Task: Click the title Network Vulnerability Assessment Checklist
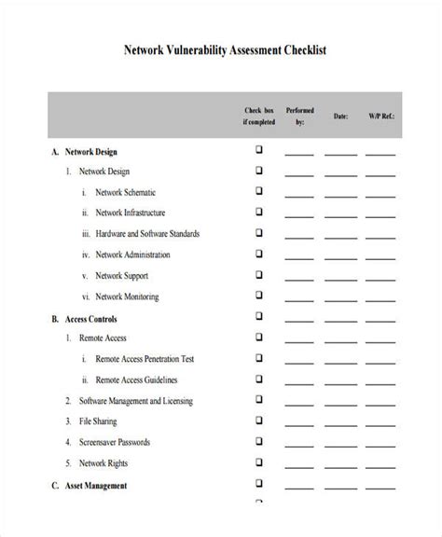coord(221,52)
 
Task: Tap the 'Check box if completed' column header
coord(259,115)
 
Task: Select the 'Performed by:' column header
coord(299,115)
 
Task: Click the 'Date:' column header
coord(340,116)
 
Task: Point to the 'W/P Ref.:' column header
coord(380,116)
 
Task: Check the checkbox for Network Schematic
coord(259,190)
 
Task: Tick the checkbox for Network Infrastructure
coord(259,212)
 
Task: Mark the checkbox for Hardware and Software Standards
coord(259,233)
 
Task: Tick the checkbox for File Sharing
coord(259,421)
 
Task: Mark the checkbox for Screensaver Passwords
coord(259,442)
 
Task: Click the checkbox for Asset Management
coord(259,485)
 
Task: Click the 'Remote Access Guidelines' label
coord(136,380)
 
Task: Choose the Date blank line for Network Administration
coord(340,257)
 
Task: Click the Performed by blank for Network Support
coord(299,279)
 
